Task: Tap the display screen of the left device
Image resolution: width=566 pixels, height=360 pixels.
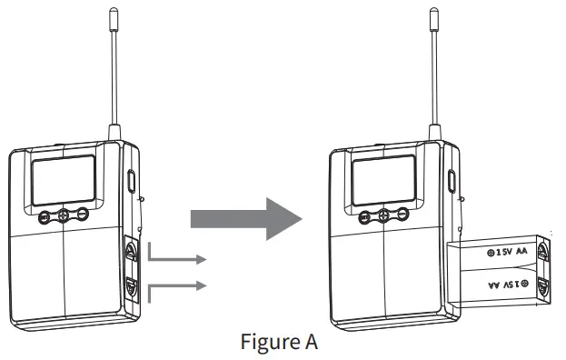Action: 64,179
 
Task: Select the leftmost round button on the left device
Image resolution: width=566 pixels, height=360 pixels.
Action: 45,215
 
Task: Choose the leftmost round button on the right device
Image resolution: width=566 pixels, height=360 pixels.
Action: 365,215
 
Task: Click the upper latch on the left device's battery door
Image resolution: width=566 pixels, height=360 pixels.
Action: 130,249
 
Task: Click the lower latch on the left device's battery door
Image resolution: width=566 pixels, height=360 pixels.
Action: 130,288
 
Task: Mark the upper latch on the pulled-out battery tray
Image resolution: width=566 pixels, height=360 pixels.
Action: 542,251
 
